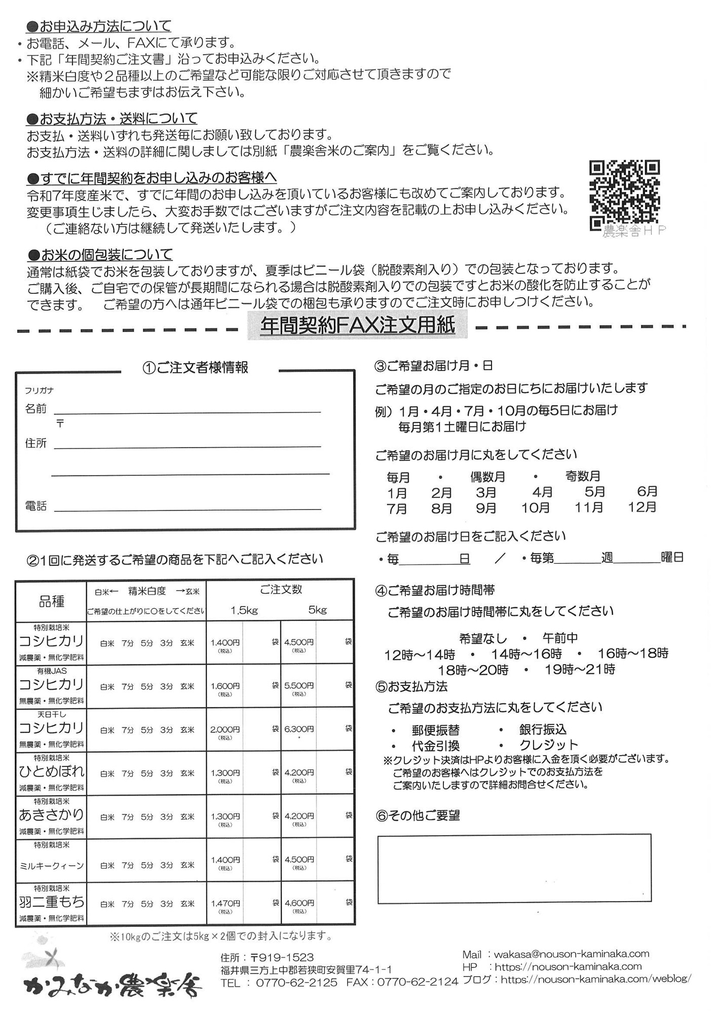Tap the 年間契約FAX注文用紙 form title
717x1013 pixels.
357,326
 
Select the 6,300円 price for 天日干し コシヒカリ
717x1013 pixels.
299,729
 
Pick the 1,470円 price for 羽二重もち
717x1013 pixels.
225,903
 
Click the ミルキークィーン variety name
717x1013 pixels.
51,866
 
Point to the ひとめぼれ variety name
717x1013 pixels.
51,771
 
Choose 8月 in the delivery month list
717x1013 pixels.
441,508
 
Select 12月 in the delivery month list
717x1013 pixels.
642,507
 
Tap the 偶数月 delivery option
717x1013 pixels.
487,477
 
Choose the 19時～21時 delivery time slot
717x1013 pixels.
580,670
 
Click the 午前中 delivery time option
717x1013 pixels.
560,638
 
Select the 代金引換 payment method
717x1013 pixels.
435,746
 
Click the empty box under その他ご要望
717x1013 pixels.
514,868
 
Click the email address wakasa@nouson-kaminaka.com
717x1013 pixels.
571,954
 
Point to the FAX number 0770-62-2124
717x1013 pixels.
415,982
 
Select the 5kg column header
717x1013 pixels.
317,610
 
